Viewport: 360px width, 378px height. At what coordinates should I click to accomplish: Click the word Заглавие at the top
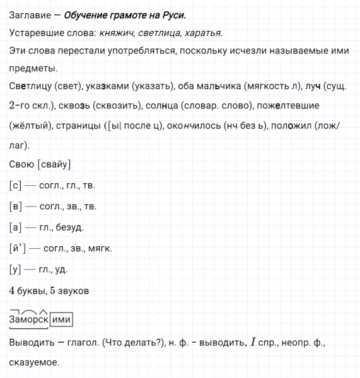coord(31,15)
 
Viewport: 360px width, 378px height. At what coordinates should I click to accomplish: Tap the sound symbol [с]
coord(16,185)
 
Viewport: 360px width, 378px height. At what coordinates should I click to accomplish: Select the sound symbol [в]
coord(16,206)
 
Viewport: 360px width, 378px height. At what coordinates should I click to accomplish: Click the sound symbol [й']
coord(18,248)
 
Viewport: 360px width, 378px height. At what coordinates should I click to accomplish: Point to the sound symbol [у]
coord(16,270)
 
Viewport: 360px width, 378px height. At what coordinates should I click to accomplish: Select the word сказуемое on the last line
coord(35,363)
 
